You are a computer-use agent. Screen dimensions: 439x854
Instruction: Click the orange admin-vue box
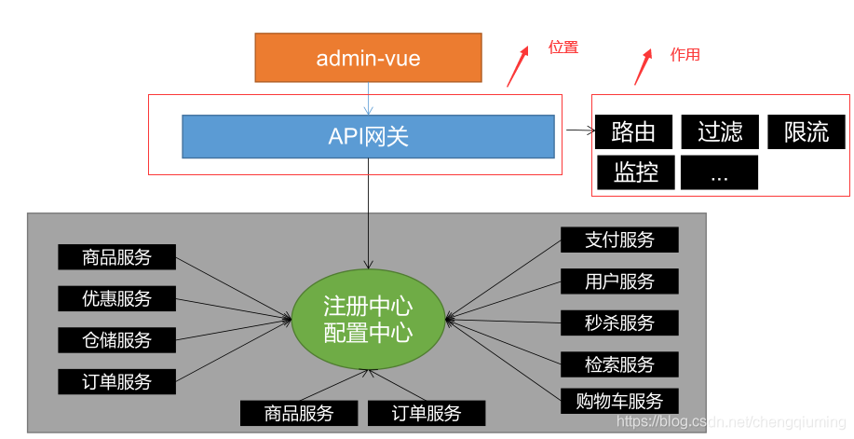tap(368, 58)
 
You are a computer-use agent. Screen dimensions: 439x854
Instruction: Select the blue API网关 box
tap(368, 136)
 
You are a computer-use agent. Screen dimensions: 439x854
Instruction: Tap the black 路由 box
tap(633, 132)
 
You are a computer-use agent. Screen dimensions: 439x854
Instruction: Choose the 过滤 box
tap(719, 132)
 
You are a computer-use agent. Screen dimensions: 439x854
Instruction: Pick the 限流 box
tap(806, 132)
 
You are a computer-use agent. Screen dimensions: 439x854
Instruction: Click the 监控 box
tap(635, 172)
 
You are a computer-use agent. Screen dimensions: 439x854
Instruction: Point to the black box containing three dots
tap(719, 172)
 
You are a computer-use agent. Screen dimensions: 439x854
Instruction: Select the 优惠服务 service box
tap(116, 298)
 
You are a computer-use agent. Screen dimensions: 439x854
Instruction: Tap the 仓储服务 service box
tap(116, 339)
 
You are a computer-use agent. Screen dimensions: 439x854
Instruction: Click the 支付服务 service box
tap(619, 240)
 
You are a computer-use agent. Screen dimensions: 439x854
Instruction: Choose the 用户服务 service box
tap(619, 281)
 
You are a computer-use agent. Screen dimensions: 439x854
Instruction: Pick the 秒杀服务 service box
tap(619, 322)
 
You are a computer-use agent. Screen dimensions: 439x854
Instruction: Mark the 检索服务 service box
tap(619, 364)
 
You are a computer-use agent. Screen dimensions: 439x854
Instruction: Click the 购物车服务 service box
tap(619, 401)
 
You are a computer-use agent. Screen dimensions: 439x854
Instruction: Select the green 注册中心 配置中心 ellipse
tap(368, 320)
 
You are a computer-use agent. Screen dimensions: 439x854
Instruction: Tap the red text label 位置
tap(563, 48)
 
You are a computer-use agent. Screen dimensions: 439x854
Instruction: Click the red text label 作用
tap(685, 55)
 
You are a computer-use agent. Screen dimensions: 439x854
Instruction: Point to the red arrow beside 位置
tap(518, 65)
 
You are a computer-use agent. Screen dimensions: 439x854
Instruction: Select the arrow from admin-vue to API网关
tap(369, 98)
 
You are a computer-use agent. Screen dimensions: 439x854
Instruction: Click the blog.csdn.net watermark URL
tap(731, 422)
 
